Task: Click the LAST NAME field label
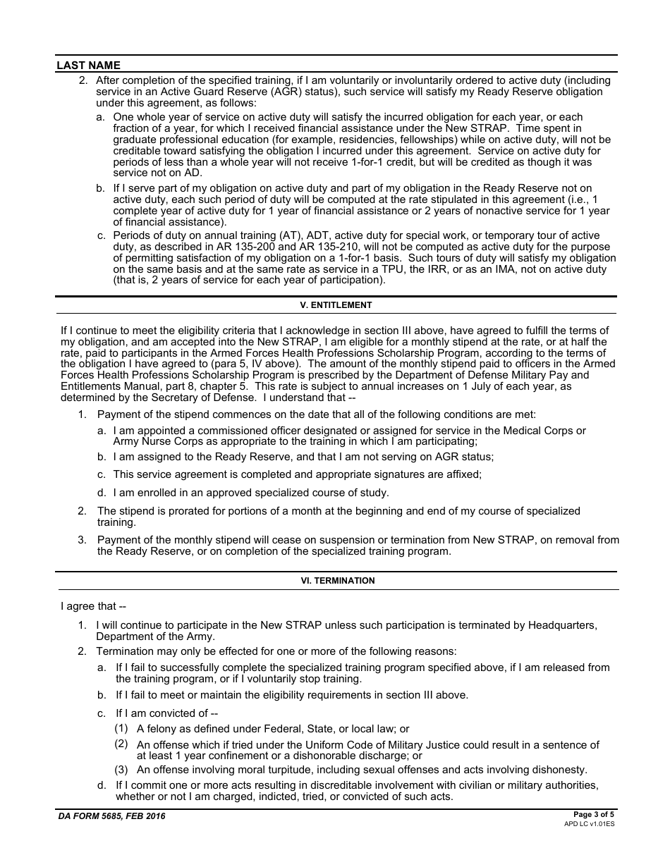coord(88,66)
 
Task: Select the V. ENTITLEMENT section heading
coord(336,305)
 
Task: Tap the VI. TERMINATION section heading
coord(336,581)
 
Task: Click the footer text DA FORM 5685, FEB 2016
coord(111,816)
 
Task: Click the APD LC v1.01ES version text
coord(589,823)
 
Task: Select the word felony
coord(163,729)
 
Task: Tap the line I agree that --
coord(93,606)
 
